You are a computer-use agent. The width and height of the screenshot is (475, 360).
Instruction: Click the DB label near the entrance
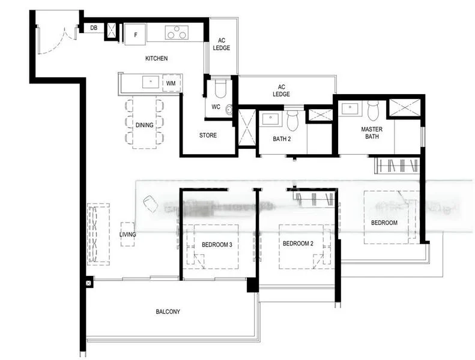point(94,28)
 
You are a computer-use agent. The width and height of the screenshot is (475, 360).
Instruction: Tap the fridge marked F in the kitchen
point(136,34)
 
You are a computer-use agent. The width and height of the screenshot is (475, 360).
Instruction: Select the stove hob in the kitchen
point(177,32)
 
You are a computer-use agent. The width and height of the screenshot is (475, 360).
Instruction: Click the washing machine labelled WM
point(171,83)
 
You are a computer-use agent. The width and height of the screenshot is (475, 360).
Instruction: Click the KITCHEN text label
point(156,58)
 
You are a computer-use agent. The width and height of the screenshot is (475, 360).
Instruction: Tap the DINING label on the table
point(144,125)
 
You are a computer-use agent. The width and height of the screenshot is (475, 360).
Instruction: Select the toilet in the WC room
point(220,89)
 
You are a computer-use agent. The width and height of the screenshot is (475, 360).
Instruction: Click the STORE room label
point(208,136)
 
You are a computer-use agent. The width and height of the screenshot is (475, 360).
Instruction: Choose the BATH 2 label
point(281,139)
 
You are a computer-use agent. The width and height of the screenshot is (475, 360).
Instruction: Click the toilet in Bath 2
point(292,121)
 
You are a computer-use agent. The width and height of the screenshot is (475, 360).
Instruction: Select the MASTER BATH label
point(372,133)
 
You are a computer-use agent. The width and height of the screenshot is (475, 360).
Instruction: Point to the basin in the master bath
point(348,109)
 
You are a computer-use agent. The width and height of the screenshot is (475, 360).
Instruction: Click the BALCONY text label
point(168,311)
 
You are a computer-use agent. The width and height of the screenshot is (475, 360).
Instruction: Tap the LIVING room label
point(127,235)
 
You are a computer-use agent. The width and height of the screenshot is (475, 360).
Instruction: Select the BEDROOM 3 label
point(217,244)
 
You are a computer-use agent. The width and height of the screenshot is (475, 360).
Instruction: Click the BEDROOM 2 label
point(298,244)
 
